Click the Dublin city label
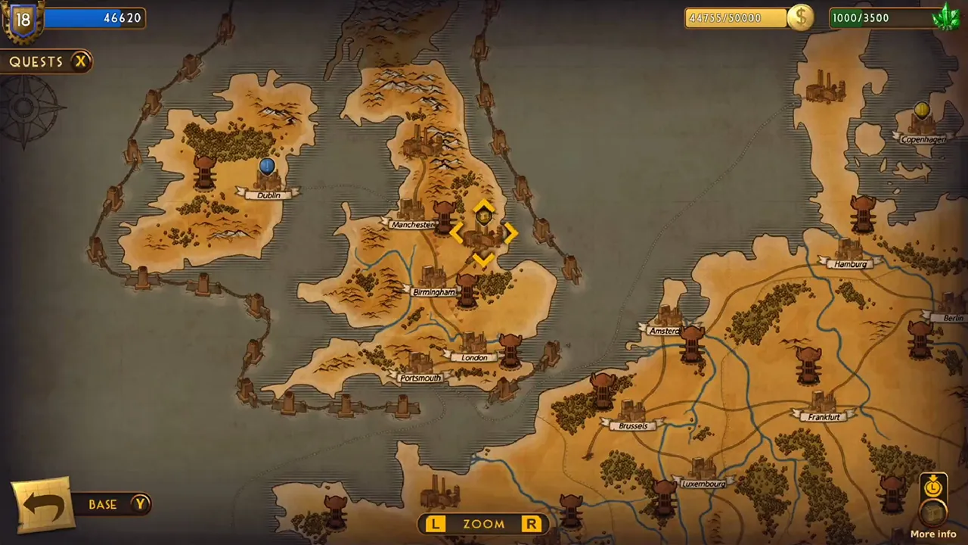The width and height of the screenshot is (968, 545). click(268, 195)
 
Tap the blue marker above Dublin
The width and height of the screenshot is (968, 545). click(266, 166)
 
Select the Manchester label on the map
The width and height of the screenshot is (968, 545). click(413, 225)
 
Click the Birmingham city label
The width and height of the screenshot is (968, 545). click(434, 292)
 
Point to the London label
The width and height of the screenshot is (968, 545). click(474, 357)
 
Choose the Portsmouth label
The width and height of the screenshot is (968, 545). click(420, 378)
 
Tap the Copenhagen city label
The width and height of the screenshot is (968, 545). click(923, 139)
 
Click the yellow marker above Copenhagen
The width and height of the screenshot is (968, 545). click(921, 111)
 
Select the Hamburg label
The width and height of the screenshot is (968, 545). click(851, 264)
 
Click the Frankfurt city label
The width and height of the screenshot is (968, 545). click(824, 417)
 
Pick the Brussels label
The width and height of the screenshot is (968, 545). click(633, 426)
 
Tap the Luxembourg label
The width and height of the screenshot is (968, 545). click(703, 484)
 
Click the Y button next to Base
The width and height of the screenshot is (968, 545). click(141, 503)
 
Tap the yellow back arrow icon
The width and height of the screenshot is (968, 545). click(43, 505)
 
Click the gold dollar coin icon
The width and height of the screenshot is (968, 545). click(800, 17)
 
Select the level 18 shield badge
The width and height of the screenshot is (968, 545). click(23, 19)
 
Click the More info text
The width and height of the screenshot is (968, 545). click(933, 534)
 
